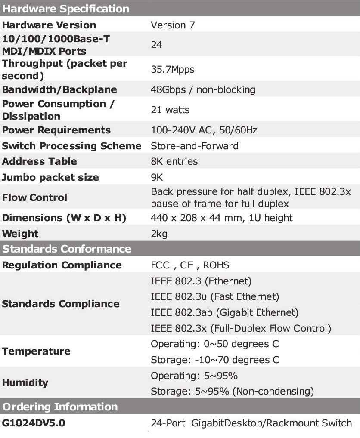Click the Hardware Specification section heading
click(x=65, y=9)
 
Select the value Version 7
click(x=173, y=25)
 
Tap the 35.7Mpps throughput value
click(x=173, y=69)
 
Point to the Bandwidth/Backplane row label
click(x=59, y=89)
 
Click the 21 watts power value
click(x=170, y=110)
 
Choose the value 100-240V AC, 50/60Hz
click(x=204, y=130)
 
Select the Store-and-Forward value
click(x=195, y=146)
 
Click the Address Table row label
click(x=39, y=161)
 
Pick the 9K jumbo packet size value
click(x=157, y=177)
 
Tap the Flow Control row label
click(x=34, y=197)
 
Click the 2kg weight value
click(x=159, y=234)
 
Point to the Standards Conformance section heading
click(x=67, y=249)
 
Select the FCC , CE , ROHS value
click(x=190, y=265)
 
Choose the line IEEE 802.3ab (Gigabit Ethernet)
click(x=224, y=312)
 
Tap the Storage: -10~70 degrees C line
click(x=215, y=360)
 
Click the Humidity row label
click(x=25, y=382)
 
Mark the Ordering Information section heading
click(x=60, y=407)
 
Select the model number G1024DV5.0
click(x=34, y=423)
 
